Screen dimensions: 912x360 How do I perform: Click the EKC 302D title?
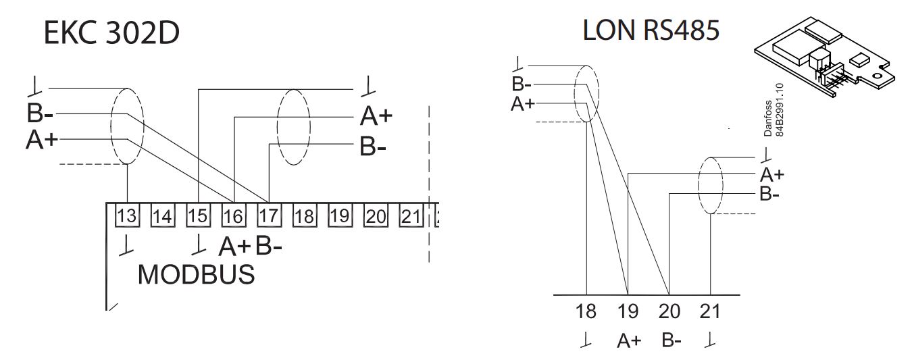tap(111, 33)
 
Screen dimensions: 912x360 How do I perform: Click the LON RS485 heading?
tap(651, 30)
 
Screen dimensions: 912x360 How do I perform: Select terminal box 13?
tap(127, 215)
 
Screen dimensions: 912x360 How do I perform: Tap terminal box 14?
tap(162, 215)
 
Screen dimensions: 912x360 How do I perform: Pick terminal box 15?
tap(199, 215)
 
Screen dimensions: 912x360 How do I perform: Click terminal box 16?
tap(234, 215)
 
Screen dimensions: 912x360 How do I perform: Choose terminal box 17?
tap(269, 215)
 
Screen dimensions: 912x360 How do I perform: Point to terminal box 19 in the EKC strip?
tap(340, 215)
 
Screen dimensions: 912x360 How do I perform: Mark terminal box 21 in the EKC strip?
tap(411, 215)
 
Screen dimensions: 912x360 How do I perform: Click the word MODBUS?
tap(196, 274)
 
